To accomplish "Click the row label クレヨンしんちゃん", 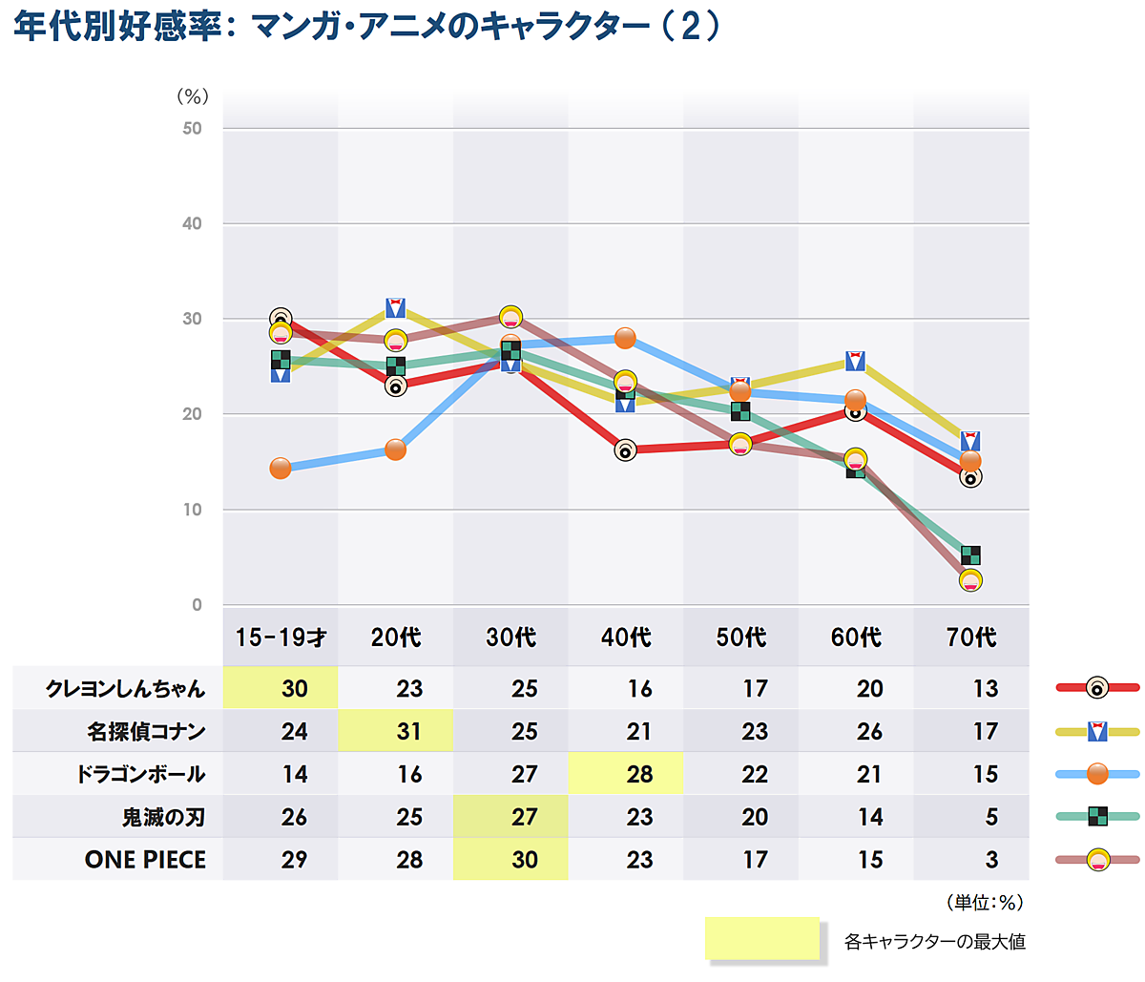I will (125, 689).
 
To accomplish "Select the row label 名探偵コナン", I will (146, 732).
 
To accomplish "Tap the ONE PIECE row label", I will (145, 860).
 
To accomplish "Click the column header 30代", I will (510, 637).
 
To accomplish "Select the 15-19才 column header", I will (281, 637).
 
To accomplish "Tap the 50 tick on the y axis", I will (193, 129).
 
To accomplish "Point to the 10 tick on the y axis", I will (193, 510).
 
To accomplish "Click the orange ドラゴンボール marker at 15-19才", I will (281, 468).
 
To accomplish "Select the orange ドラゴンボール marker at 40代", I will (625, 338).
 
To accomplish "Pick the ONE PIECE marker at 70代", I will (970, 580).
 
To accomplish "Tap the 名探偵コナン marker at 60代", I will (856, 361).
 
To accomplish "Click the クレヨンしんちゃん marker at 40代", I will (625, 449).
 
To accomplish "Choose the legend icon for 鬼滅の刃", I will (1098, 816).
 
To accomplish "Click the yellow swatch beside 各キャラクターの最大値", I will (762, 939).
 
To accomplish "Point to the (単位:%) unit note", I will (985, 902).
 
